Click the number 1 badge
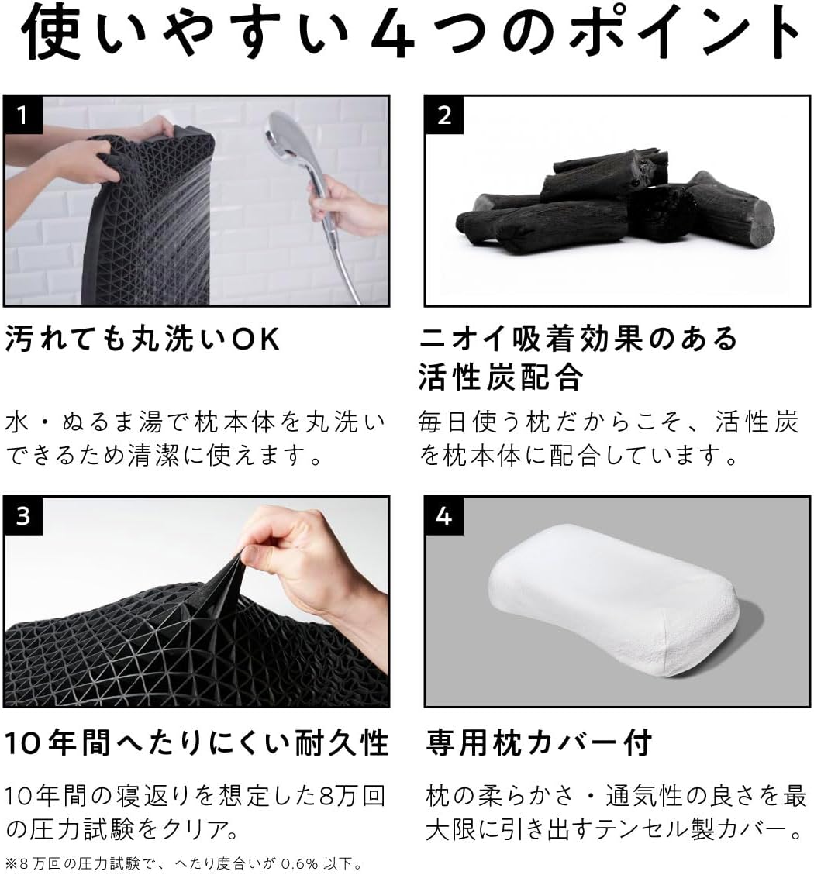click(x=23, y=115)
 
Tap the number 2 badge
click(x=444, y=115)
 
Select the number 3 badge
click(x=23, y=515)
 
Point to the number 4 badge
click(x=444, y=515)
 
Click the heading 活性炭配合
click(x=501, y=377)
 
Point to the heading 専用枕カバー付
click(x=539, y=742)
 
